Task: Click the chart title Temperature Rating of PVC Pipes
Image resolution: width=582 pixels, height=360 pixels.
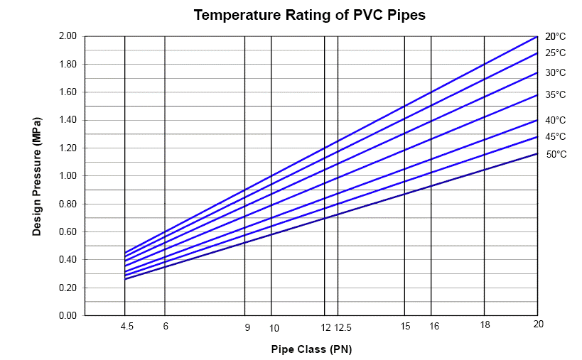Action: (310, 15)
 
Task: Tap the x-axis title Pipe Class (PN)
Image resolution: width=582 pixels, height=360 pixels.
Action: (311, 349)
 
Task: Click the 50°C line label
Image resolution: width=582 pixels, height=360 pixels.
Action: (556, 154)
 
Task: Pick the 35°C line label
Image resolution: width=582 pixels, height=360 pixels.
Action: (556, 94)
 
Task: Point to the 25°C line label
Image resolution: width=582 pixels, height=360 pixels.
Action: (556, 53)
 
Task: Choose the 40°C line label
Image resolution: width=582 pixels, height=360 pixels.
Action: (556, 120)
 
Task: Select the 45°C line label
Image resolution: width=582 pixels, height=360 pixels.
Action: (556, 136)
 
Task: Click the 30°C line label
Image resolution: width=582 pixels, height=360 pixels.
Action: (556, 72)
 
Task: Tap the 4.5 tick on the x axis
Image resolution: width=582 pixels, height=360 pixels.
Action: (126, 327)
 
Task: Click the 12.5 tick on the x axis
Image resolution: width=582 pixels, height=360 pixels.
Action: (343, 327)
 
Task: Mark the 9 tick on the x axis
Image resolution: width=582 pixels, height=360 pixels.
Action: (247, 327)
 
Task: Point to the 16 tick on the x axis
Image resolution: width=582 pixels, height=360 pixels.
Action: (434, 327)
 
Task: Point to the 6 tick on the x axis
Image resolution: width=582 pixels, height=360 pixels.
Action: (166, 327)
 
